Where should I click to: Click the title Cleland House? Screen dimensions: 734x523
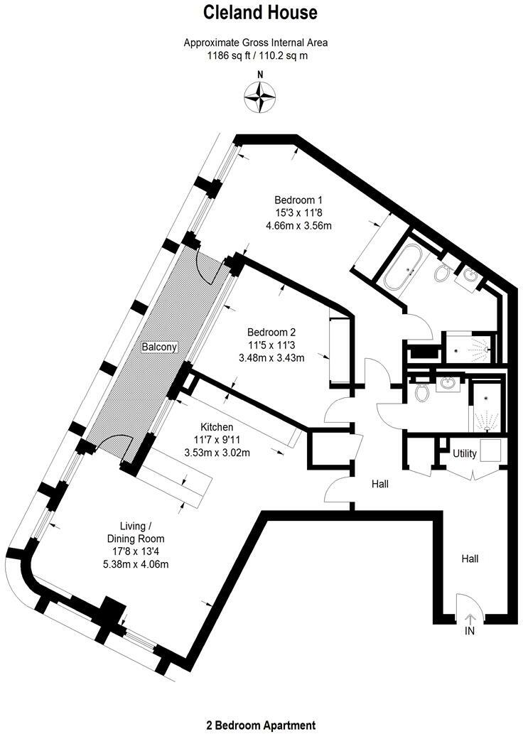coord(261,12)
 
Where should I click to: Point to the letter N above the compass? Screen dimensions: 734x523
coord(260,75)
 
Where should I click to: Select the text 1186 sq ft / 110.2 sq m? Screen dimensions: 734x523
coord(256,55)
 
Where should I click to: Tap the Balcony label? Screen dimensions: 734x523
coord(158,347)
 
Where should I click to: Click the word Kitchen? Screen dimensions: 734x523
coord(217,427)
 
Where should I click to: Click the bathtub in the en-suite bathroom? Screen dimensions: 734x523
coord(404,271)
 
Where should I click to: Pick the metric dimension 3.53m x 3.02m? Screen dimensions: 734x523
coord(217,453)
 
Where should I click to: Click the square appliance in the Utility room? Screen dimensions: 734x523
coord(491,450)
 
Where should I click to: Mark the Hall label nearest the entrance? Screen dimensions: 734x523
coord(470,559)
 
